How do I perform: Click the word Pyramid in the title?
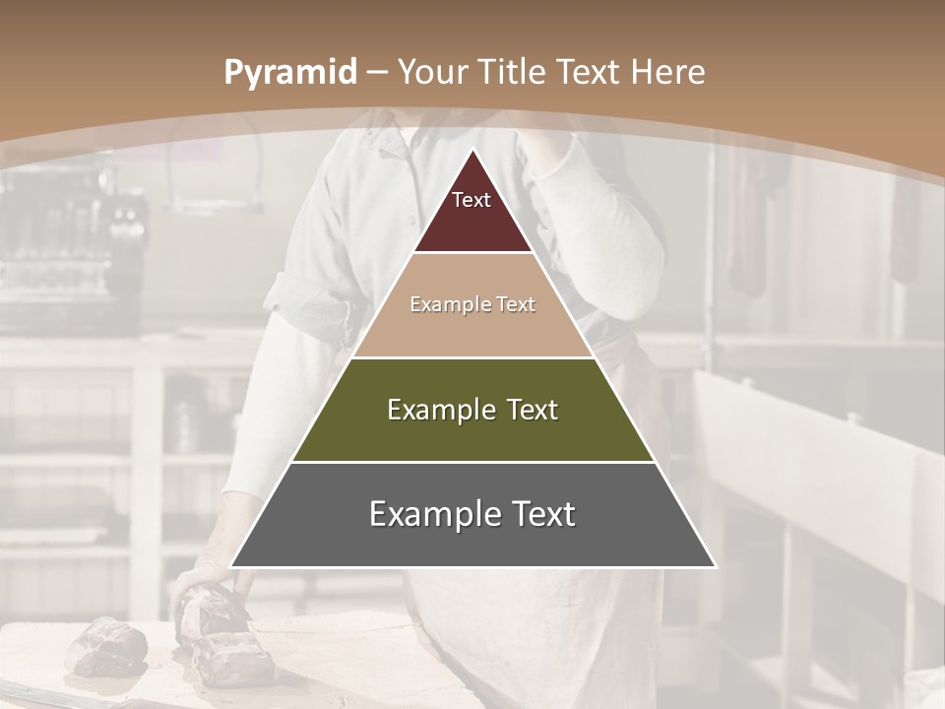(289, 73)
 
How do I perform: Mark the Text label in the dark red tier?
(472, 200)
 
